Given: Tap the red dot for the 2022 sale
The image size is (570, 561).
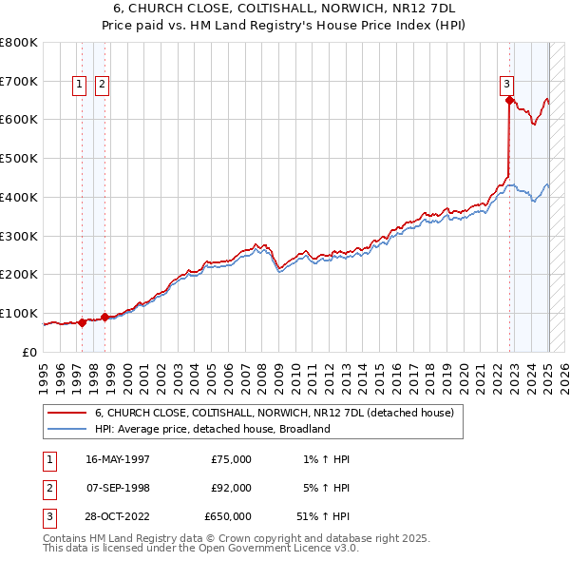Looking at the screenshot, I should click(510, 100).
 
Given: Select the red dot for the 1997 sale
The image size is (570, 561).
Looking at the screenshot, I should click(83, 322).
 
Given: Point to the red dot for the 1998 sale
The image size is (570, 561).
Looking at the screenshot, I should click(104, 316).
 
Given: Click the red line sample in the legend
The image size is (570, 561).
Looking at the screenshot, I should click(66, 413).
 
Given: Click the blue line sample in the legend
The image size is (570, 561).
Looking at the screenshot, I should click(66, 429).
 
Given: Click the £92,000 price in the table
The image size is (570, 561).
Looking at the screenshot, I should click(231, 488).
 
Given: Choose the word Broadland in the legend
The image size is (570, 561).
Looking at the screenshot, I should click(303, 429).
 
